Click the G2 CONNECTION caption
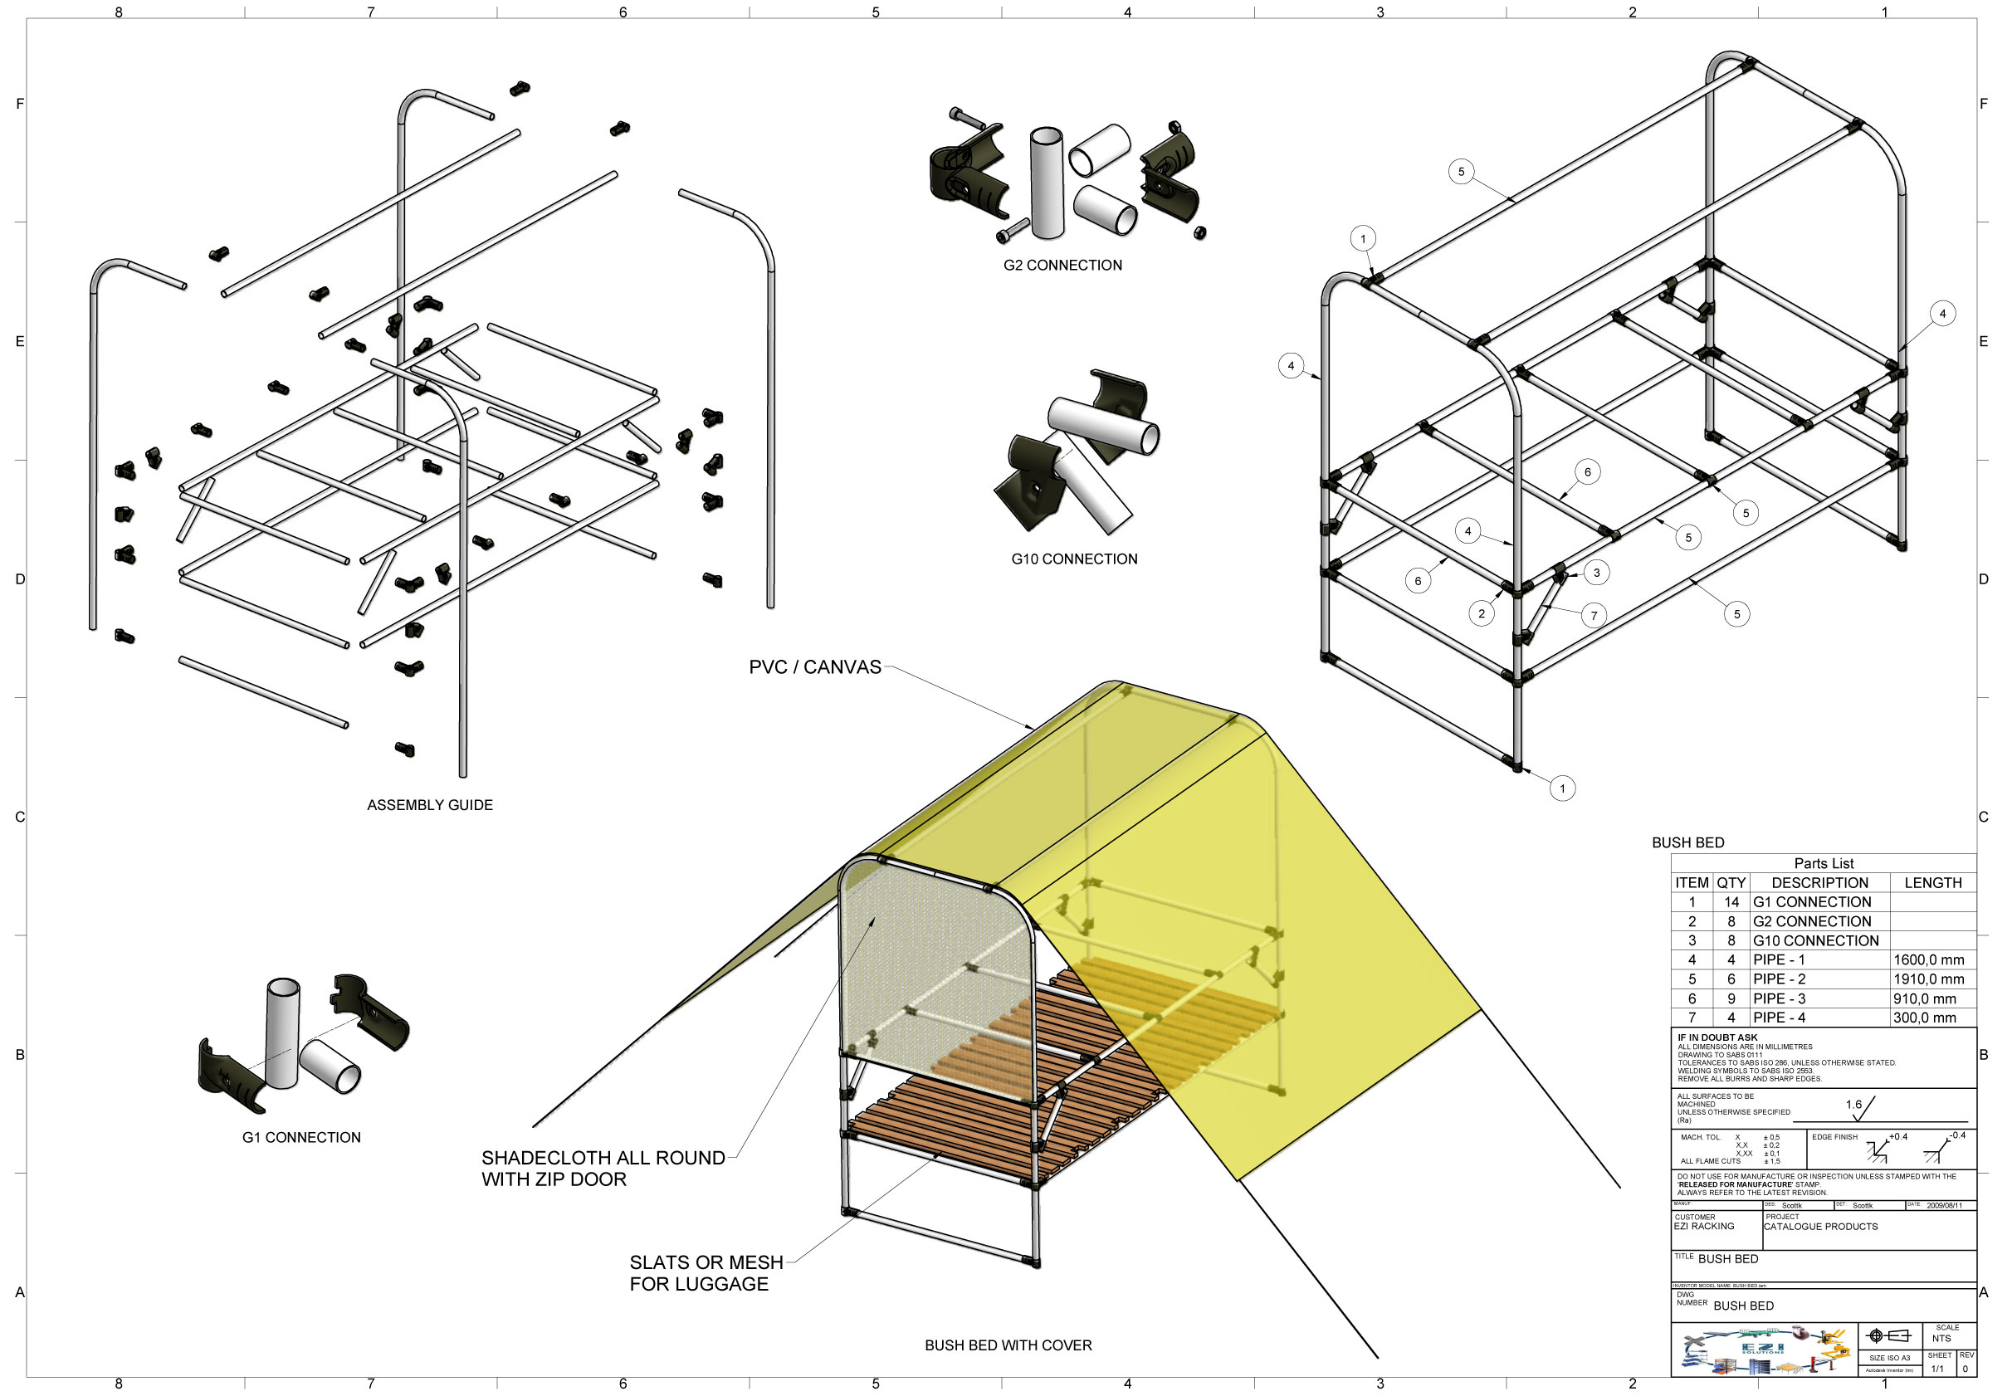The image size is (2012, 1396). coord(1062,265)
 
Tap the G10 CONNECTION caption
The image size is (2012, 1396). coord(1073,559)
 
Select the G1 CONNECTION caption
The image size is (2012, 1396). coord(301,1137)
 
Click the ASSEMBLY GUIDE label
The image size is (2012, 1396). coord(429,805)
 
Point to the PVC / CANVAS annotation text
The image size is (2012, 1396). coord(814,666)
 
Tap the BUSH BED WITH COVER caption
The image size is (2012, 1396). coord(1008,1345)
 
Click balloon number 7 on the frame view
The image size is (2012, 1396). coord(1594,615)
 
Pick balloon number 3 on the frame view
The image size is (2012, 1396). coord(1596,573)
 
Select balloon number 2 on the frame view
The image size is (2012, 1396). coord(1481,613)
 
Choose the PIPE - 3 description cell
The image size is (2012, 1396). coord(1779,998)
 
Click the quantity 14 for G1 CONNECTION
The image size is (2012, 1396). coord(1731,902)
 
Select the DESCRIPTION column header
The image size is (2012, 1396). coord(1819,882)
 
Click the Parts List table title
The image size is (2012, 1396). coord(1823,863)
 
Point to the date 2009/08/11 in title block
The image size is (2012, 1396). coord(1944,1205)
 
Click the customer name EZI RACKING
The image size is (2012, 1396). coord(1703,1227)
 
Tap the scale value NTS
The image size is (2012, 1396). coord(1941,1338)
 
